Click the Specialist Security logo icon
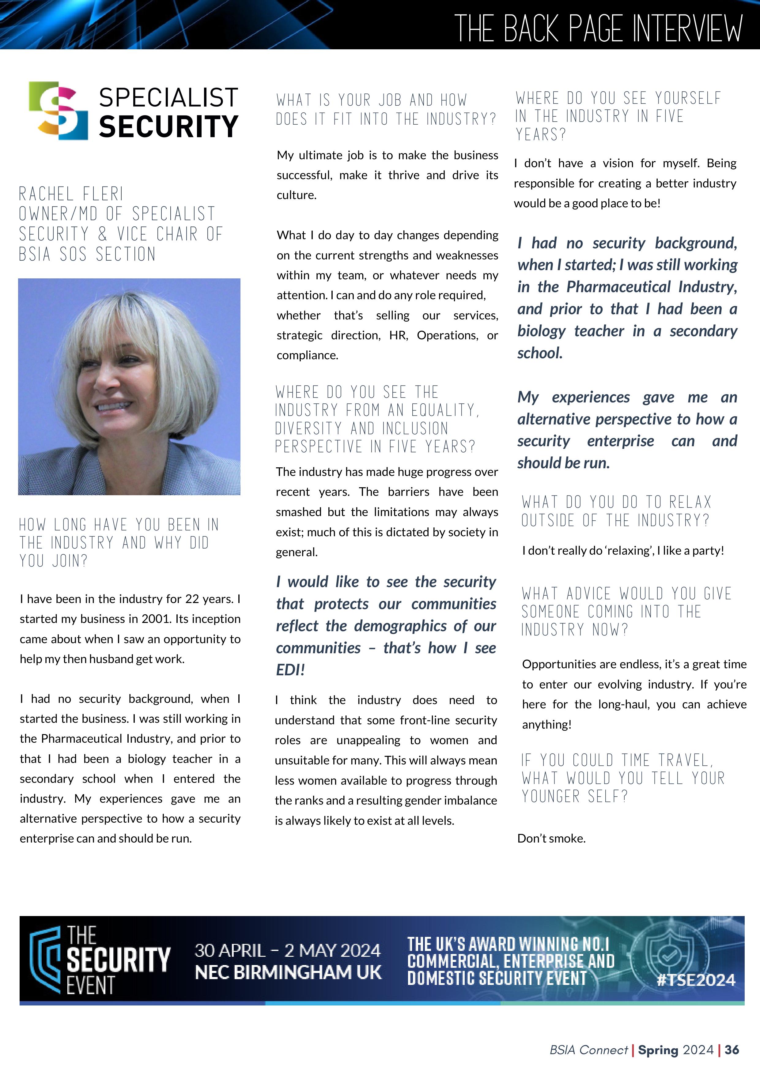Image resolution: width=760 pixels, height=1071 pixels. tap(59, 111)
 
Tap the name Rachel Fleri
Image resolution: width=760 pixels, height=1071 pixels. tap(71, 194)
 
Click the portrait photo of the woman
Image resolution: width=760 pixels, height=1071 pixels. tap(129, 387)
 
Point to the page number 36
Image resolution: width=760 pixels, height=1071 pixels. tap(732, 1050)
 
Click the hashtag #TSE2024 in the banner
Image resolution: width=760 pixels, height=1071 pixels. tap(696, 979)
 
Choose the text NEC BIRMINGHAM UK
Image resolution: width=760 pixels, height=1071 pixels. tap(288, 973)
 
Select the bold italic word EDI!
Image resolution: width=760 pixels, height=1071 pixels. tap(290, 670)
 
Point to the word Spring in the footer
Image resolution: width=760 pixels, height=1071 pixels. tap(658, 1050)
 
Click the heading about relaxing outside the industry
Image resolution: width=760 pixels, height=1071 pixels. tap(616, 511)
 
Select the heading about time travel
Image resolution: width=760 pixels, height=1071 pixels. tap(622, 778)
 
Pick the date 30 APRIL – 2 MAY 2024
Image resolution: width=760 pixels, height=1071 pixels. tap(287, 950)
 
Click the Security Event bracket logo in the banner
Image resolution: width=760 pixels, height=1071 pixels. tap(45, 960)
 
